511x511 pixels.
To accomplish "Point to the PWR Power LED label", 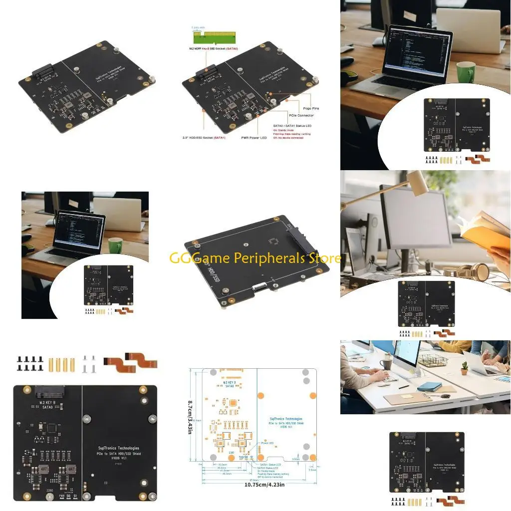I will point(254,138).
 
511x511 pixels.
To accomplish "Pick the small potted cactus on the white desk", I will point(464,368).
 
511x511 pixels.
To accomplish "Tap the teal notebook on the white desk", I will point(429,387).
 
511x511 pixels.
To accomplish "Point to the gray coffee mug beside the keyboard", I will point(386,364).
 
